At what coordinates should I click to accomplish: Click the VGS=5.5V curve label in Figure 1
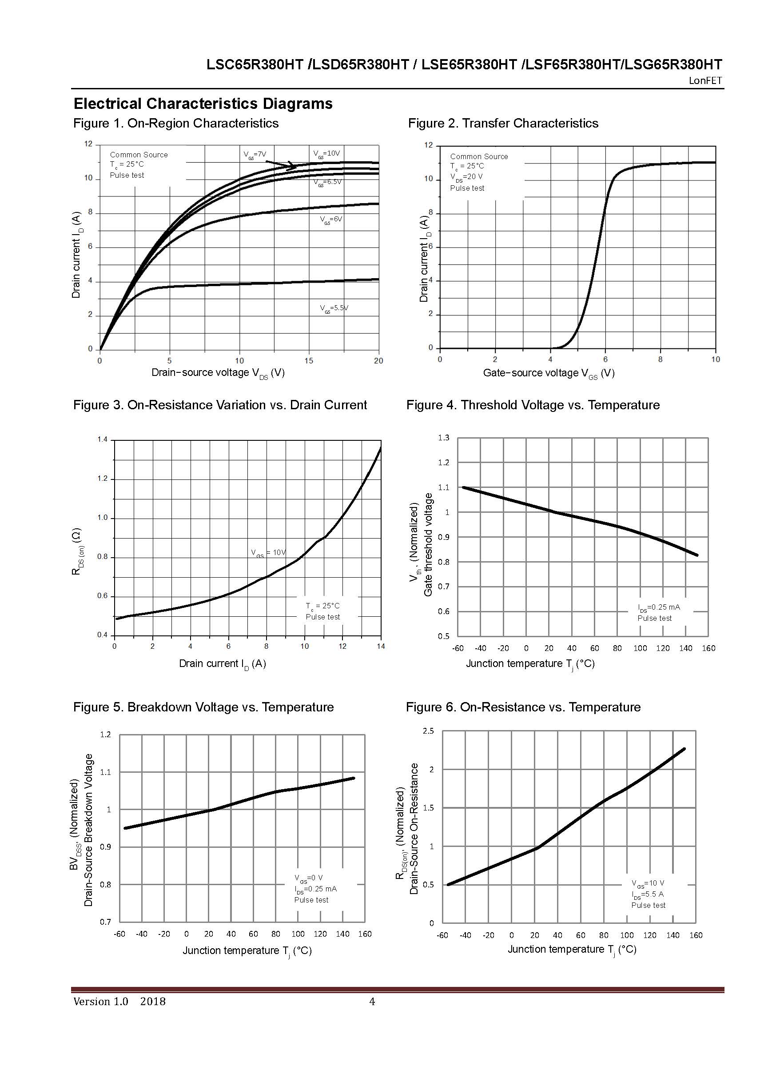tap(334, 308)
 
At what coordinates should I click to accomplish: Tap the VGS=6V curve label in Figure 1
tap(330, 220)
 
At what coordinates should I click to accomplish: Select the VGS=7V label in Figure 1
tap(255, 154)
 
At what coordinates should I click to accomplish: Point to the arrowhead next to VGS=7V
tap(293, 166)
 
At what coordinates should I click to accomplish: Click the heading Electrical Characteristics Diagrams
tap(203, 104)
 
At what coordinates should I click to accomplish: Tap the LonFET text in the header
tap(705, 80)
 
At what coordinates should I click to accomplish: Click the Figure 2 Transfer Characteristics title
tap(503, 123)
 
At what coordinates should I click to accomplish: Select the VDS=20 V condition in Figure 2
tap(466, 177)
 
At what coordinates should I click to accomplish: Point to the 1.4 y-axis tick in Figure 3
tap(103, 440)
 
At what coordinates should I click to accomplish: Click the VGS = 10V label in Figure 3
tap(268, 552)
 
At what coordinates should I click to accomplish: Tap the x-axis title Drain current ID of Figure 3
tap(222, 663)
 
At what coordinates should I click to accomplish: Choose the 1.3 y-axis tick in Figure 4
tap(443, 438)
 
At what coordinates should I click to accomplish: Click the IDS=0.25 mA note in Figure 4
tap(658, 607)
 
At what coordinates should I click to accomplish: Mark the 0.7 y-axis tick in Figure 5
tap(105, 922)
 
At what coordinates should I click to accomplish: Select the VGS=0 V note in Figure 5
tap(308, 878)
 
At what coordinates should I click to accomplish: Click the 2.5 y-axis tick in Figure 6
tap(428, 731)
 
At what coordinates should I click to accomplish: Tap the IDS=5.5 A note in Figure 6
tap(648, 894)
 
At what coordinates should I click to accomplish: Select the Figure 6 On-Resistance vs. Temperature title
tap(523, 707)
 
